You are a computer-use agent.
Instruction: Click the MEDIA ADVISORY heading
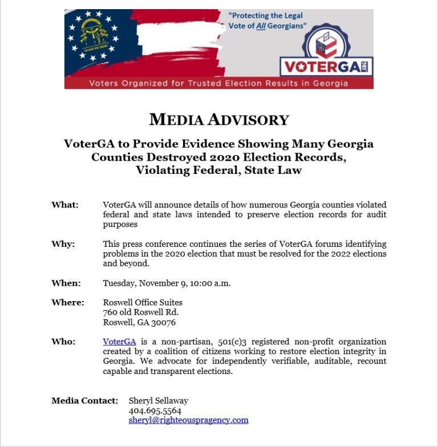click(219, 120)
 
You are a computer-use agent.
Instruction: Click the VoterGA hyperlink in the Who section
click(119, 342)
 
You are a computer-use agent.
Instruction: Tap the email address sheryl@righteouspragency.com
click(188, 420)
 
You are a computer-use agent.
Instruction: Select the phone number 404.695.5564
click(155, 411)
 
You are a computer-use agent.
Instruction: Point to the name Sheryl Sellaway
click(159, 401)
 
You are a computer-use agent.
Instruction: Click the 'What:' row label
click(65, 205)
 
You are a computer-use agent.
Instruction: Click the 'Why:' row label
click(63, 244)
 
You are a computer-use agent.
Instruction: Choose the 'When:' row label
click(66, 283)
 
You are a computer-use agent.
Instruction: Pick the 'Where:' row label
click(68, 302)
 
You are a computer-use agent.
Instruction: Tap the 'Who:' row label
click(63, 342)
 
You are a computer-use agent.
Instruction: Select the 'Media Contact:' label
click(85, 401)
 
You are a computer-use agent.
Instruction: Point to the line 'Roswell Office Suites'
click(143, 302)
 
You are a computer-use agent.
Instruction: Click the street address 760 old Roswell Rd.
click(141, 312)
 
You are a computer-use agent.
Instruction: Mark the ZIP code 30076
click(163, 322)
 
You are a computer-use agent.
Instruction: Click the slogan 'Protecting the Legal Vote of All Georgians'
click(267, 21)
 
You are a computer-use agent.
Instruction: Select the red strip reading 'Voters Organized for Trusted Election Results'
click(219, 83)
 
